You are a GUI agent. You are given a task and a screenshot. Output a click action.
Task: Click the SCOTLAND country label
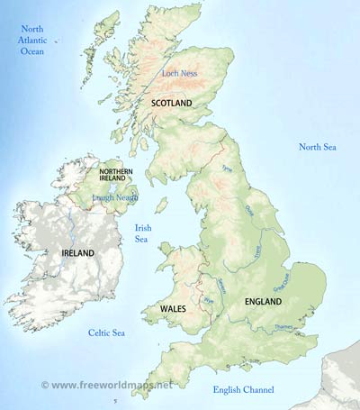coord(171,104)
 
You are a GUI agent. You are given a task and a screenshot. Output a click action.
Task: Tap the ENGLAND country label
coord(263,301)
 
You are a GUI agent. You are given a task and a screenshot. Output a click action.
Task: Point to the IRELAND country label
coord(77,254)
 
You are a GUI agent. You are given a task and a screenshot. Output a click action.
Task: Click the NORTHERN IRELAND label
coord(115,176)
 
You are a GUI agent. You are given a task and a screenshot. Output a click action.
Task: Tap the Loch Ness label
coord(177,73)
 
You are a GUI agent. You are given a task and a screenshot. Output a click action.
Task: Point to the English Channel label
coord(242,389)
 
